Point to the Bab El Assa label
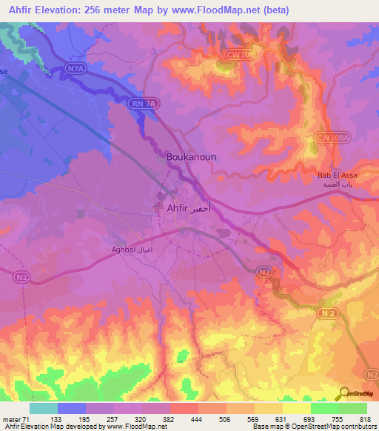pyautogui.click(x=337, y=175)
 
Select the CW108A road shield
pyautogui.click(x=331, y=138)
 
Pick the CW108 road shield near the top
pyautogui.click(x=235, y=53)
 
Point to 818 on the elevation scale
pyautogui.click(x=364, y=418)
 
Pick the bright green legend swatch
pyautogui.click(x=324, y=408)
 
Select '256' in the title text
pyautogui.click(x=98, y=10)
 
